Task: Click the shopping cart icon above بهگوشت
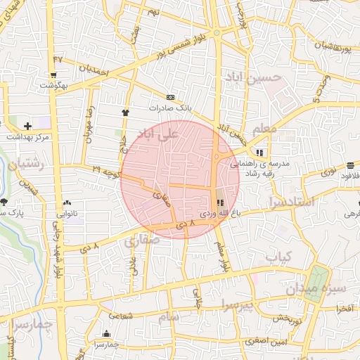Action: coord(53,75)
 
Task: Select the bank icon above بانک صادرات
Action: coord(169,97)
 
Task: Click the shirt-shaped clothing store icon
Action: coord(126,111)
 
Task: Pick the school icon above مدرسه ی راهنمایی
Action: coord(260,152)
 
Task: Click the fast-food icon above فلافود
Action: coord(350,166)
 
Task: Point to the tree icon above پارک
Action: coord(4,202)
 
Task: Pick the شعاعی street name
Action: coord(122,316)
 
